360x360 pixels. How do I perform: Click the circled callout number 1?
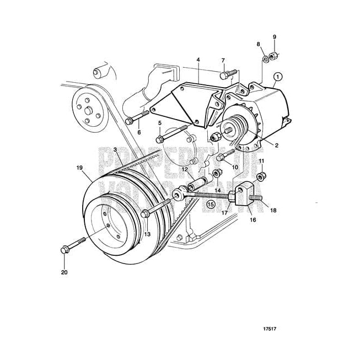tap(278, 77)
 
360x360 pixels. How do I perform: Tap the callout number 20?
tap(64, 272)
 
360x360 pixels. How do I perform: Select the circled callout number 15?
tap(210, 203)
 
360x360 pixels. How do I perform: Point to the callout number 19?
tap(80, 167)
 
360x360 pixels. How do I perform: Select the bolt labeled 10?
tap(222, 159)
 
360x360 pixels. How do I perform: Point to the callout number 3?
tap(115, 149)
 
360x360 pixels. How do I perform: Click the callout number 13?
tap(147, 234)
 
